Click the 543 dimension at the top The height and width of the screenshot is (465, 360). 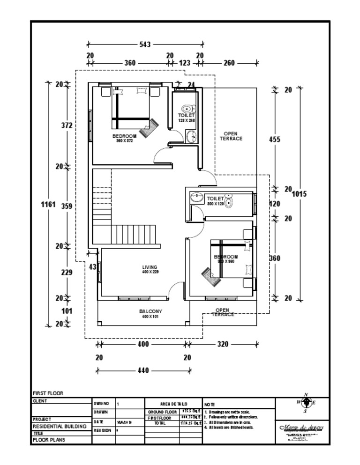(x=145, y=44)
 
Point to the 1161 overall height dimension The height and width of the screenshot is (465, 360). (x=48, y=204)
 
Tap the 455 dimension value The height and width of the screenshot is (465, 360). (x=275, y=139)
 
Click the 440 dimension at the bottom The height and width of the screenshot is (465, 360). (x=143, y=370)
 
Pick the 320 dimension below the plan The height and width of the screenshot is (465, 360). (x=223, y=344)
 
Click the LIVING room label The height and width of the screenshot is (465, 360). (x=150, y=267)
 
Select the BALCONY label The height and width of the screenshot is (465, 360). (x=150, y=311)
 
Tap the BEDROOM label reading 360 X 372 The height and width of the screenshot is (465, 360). (x=124, y=136)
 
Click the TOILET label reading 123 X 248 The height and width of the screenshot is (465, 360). (x=186, y=115)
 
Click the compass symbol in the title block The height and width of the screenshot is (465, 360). (x=306, y=403)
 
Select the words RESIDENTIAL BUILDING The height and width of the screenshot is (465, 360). (x=59, y=427)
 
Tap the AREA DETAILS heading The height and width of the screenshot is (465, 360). (x=173, y=403)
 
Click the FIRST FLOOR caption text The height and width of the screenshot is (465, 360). (x=47, y=393)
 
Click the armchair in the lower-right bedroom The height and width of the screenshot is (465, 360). (x=210, y=276)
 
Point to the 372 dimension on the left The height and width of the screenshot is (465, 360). (x=67, y=125)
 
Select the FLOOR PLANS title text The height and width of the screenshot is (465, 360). (x=49, y=440)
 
